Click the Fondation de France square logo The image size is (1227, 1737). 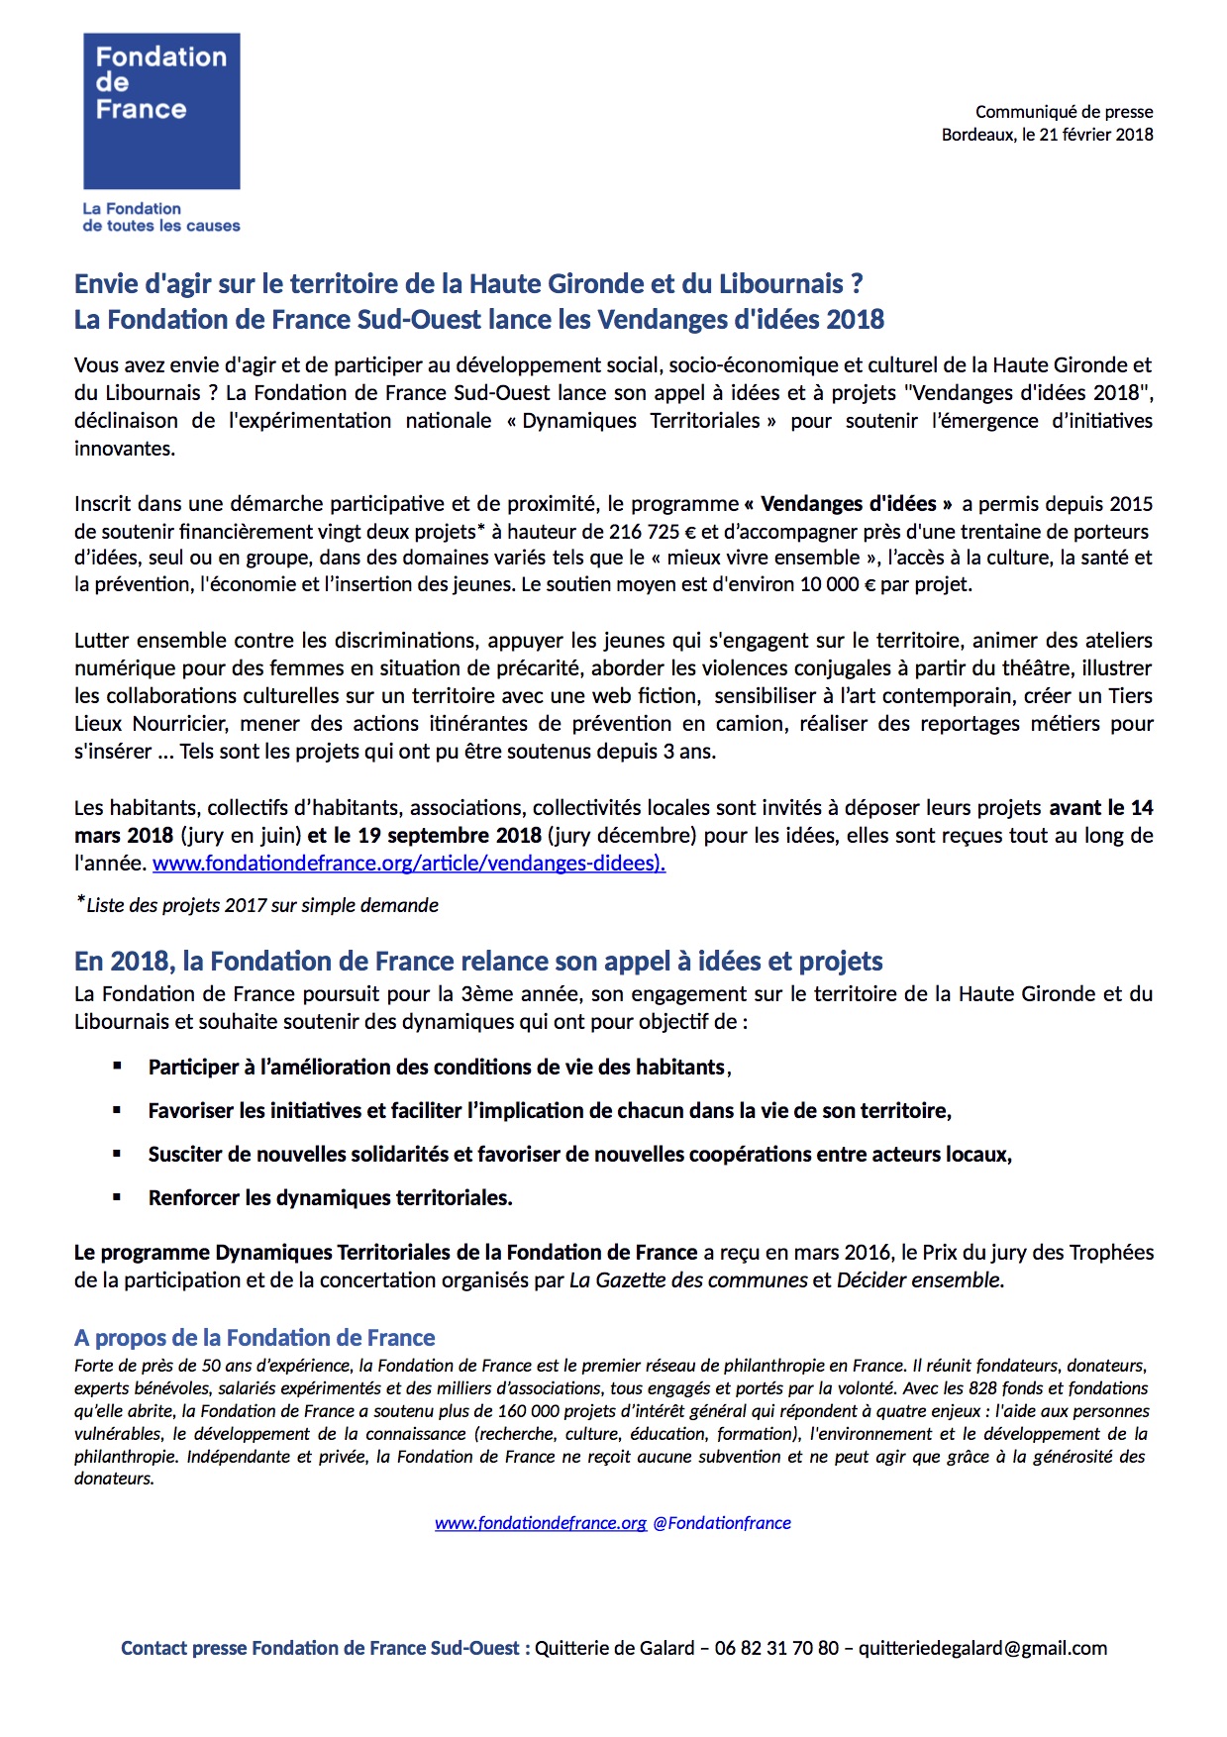point(161,111)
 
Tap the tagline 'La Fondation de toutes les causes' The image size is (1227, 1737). point(161,217)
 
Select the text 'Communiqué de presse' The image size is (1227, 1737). point(1064,112)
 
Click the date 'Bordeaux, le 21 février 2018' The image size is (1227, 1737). point(1047,135)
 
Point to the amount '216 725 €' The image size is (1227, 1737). point(653,532)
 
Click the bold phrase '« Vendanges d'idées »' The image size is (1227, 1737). point(848,504)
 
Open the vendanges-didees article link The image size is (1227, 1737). point(408,864)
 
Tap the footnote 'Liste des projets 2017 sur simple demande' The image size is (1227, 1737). point(261,905)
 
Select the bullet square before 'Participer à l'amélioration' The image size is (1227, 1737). point(117,1067)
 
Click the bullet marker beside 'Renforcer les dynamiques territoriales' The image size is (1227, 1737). point(117,1197)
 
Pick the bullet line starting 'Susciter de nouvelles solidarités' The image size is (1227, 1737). point(579,1155)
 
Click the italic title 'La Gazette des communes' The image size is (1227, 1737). point(688,1280)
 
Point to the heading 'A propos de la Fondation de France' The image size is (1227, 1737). point(255,1338)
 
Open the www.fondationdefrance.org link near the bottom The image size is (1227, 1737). point(540,1523)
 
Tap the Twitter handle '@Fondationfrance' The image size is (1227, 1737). point(722,1523)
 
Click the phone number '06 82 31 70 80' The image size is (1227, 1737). point(776,1649)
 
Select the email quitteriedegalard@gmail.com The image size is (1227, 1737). point(982,1649)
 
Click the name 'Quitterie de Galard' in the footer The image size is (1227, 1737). point(614,1649)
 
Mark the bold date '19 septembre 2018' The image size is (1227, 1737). point(450,836)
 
